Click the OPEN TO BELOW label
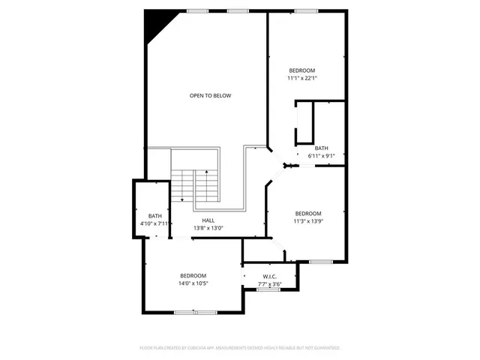[x=210, y=95]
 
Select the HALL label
[x=208, y=220]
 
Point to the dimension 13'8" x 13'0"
[x=208, y=228]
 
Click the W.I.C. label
[x=270, y=277]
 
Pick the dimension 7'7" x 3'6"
[x=270, y=284]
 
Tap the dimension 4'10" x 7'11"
[x=155, y=223]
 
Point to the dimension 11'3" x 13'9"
[x=307, y=221]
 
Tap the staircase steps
[x=194, y=184]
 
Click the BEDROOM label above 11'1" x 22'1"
[x=302, y=70]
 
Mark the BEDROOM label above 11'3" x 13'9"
[x=307, y=213]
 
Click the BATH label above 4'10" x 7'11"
[x=155, y=216]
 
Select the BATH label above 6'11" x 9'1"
[x=321, y=148]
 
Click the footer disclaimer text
[x=240, y=348]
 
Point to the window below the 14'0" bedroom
[x=185, y=312]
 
